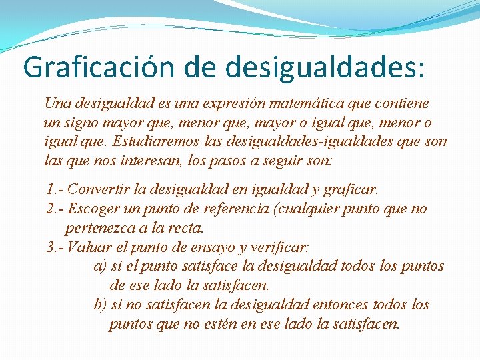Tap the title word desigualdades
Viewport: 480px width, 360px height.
click(325, 67)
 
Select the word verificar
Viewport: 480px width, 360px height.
click(279, 247)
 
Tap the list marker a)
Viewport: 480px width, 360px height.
click(101, 266)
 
